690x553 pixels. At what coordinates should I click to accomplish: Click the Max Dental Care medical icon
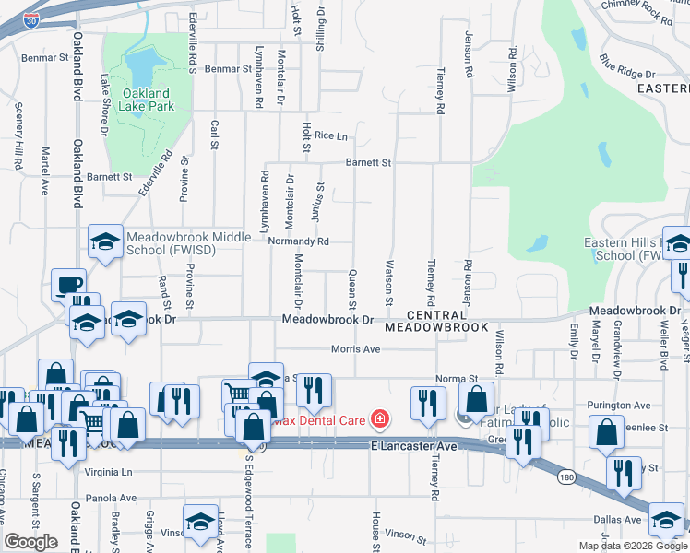coord(377,420)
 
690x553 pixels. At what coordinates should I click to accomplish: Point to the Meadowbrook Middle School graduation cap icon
coord(105,242)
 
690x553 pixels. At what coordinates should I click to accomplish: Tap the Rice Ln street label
coord(330,135)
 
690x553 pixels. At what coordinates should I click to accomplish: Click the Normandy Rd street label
coord(298,241)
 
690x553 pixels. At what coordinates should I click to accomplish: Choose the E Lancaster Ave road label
coord(414,446)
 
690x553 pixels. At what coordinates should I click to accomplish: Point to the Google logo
coord(31,542)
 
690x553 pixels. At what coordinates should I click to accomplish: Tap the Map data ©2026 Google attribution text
coord(632,546)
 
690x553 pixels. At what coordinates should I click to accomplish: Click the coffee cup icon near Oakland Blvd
coord(68,285)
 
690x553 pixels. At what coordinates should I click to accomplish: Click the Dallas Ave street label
coord(622,520)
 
